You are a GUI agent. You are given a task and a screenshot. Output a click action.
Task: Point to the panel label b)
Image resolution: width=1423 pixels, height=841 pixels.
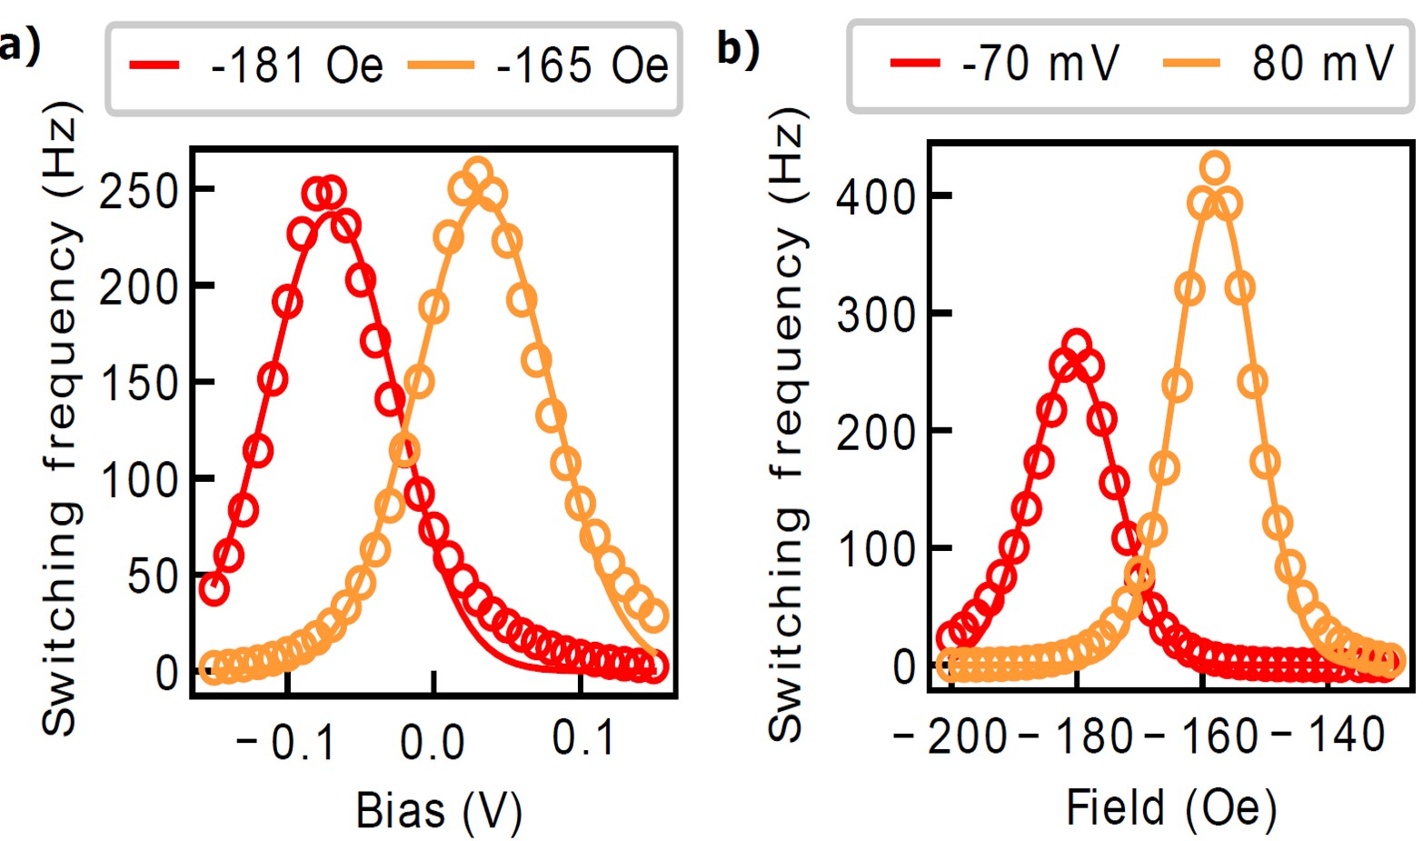pyautogui.click(x=738, y=47)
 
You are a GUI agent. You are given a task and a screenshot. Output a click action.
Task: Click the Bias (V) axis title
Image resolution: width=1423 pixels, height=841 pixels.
pyautogui.click(x=439, y=810)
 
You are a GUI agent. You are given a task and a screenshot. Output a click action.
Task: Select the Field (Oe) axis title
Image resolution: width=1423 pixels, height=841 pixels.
pyautogui.click(x=1170, y=807)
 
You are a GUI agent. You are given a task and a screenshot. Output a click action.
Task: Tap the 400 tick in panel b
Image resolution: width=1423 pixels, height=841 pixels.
pyautogui.click(x=875, y=196)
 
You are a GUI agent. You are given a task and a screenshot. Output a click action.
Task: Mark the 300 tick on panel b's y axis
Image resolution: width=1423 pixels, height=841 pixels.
pyautogui.click(x=875, y=314)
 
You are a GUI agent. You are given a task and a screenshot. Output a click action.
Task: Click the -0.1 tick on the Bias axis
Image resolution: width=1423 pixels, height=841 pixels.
pyautogui.click(x=285, y=743)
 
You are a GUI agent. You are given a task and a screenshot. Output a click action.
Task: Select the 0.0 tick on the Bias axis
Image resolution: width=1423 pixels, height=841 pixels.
pyautogui.click(x=433, y=743)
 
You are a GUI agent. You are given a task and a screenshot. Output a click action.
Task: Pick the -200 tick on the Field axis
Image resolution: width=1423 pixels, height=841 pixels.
pyautogui.click(x=950, y=736)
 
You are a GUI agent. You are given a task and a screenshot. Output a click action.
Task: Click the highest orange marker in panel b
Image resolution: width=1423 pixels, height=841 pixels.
pyautogui.click(x=1215, y=167)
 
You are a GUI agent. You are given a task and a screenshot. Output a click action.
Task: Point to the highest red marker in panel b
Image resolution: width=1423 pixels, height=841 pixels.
pyautogui.click(x=1076, y=345)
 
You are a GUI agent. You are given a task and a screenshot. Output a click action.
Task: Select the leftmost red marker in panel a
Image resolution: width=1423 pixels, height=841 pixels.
pyautogui.click(x=214, y=589)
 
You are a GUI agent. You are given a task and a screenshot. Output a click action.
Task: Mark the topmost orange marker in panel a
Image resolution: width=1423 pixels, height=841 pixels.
pyautogui.click(x=479, y=172)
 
